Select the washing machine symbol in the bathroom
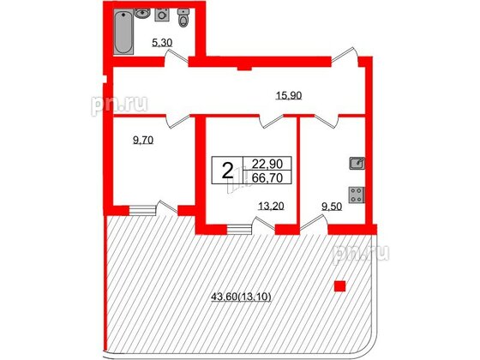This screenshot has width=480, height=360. coord(161,18)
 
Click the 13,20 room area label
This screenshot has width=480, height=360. coord(272,206)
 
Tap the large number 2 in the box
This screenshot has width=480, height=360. coord(226,170)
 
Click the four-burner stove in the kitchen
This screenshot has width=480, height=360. coord(356,194)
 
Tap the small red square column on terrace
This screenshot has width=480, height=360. coord(340,286)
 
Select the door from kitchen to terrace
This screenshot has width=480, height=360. coord(313,225)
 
